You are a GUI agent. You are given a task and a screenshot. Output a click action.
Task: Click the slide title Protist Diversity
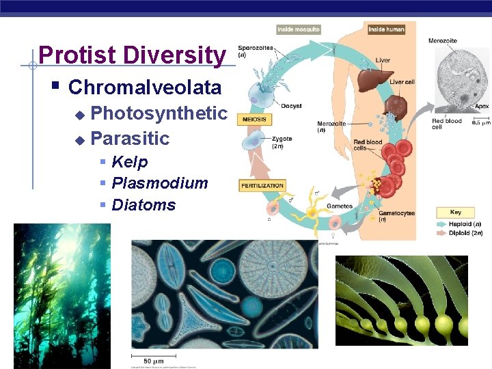pos(132,55)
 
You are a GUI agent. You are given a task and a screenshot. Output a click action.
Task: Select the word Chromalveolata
pos(145,87)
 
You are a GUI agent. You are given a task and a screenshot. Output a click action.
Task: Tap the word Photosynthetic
pos(159,113)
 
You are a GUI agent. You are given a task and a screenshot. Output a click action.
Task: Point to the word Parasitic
pos(130,138)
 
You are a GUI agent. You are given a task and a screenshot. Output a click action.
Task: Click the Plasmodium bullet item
pos(159,183)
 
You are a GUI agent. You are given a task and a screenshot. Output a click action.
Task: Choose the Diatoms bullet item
pos(143,205)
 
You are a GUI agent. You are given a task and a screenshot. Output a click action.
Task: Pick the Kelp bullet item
pos(129,162)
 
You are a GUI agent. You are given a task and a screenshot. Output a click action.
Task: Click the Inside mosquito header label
pos(298,29)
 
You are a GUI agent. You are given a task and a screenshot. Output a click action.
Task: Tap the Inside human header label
pos(386,29)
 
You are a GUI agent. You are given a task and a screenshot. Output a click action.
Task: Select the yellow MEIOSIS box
pos(254,120)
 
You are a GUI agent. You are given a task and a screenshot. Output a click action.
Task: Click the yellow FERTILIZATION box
pos(262,185)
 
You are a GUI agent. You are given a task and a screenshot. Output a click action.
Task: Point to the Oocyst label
pos(291,106)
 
